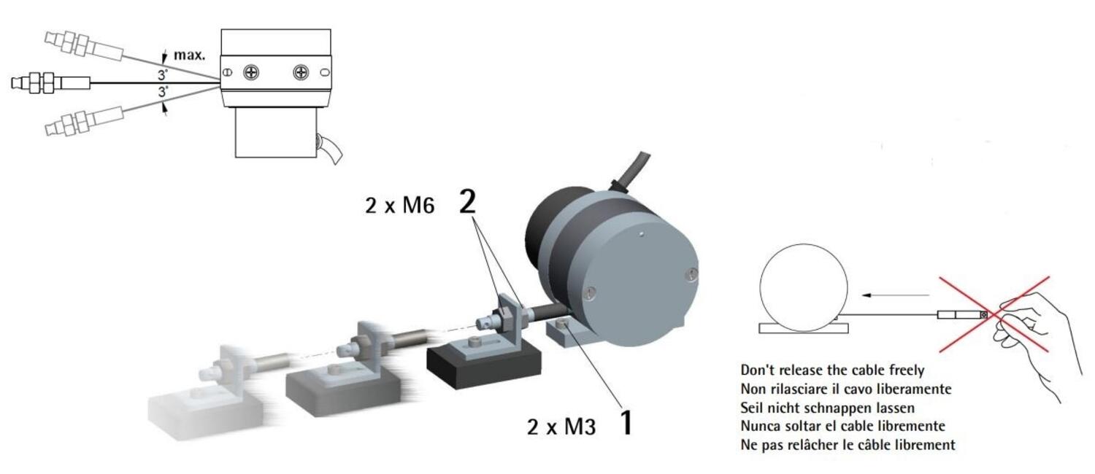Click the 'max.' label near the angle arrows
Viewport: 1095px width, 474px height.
coord(190,55)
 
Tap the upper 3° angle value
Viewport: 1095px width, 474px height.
coord(163,75)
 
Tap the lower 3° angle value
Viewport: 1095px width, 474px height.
coord(163,92)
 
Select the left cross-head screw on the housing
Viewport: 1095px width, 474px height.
coord(251,73)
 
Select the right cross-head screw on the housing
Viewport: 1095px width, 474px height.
coord(301,73)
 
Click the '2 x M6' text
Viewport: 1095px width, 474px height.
coord(400,205)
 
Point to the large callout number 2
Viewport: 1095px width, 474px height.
coord(468,201)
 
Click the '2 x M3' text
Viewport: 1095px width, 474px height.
coord(561,427)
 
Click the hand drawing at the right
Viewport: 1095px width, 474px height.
coord(1031,342)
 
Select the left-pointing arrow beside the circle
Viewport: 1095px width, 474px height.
coord(895,295)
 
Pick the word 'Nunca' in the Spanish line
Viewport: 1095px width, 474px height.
coord(760,426)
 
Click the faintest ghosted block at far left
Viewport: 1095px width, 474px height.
coord(205,415)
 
